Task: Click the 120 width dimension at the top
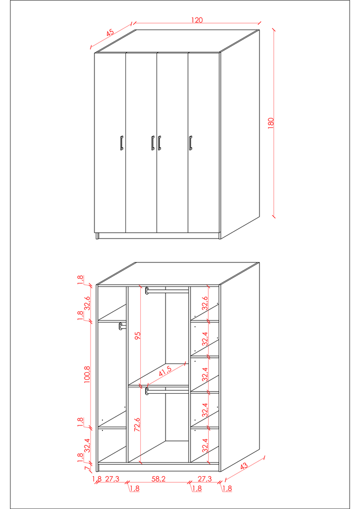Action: (x=197, y=20)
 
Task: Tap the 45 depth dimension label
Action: (x=110, y=33)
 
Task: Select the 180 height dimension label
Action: (x=271, y=123)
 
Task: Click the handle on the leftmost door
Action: (x=121, y=143)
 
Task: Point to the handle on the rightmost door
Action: (x=190, y=143)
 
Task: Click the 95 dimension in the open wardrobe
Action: (x=138, y=336)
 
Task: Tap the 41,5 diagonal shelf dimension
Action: (x=165, y=371)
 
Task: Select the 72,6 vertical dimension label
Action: (x=137, y=424)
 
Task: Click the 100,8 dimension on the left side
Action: (x=88, y=375)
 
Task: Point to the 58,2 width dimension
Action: (x=159, y=479)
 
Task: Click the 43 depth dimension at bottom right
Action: (x=244, y=466)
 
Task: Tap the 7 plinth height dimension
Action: (x=87, y=468)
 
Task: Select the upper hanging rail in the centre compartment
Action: (x=167, y=291)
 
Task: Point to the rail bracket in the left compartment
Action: (x=121, y=326)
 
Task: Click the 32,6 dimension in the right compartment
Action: (x=205, y=303)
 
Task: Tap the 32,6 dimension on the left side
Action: (x=88, y=303)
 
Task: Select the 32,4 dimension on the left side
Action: (x=88, y=445)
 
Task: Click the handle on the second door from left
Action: (x=153, y=143)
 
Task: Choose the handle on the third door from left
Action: (x=160, y=143)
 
